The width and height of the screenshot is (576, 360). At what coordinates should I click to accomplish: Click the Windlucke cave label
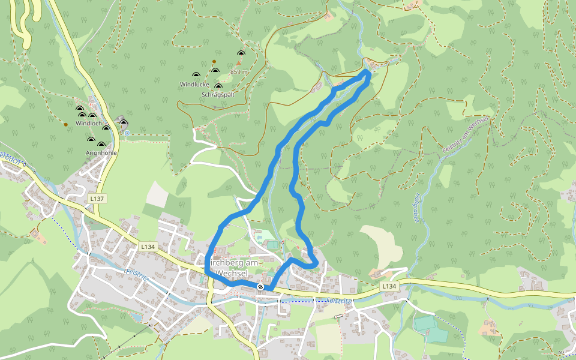point(194,85)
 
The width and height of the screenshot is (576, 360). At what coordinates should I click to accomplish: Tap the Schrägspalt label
point(218,95)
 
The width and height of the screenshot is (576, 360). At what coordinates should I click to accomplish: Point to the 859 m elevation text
point(239,72)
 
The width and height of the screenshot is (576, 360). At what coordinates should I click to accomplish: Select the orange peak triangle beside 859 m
point(239,62)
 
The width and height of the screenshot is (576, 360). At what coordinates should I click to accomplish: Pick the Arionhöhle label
point(101,153)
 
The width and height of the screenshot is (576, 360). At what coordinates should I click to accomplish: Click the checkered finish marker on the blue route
point(260,287)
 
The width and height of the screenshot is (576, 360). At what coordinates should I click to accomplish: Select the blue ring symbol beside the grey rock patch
point(127,133)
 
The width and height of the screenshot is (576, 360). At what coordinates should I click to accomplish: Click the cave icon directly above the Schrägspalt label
point(218,86)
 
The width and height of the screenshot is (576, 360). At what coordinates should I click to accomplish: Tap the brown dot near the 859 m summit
point(214,62)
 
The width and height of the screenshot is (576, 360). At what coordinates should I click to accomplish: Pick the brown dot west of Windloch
point(66,125)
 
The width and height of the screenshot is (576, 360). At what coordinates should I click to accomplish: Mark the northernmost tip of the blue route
point(367,71)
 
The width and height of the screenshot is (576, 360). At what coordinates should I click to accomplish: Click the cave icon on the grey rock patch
point(124,123)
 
